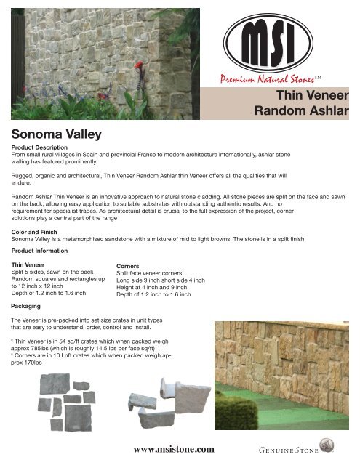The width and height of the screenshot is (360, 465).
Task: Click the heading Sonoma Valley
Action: click(55, 133)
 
